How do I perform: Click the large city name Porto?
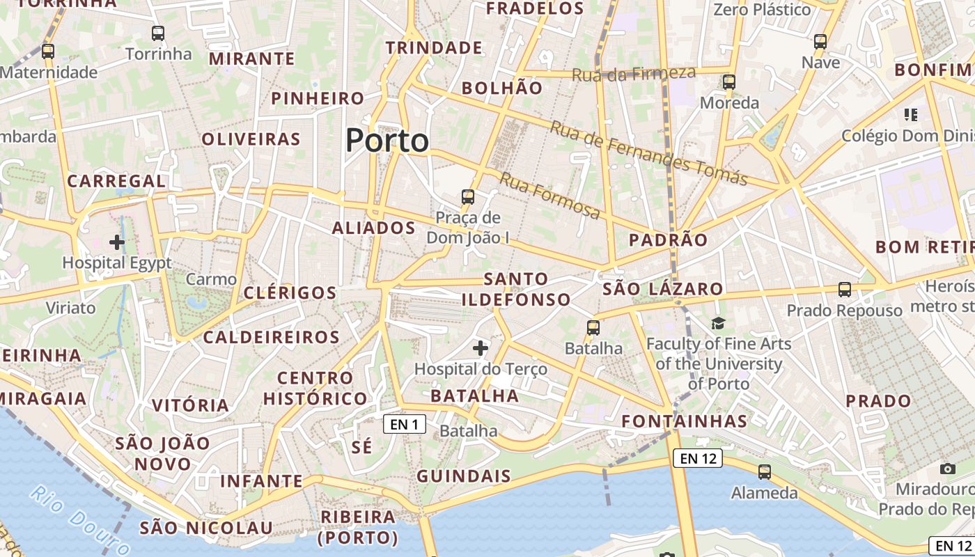click(387, 141)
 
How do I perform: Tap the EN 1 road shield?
click(404, 424)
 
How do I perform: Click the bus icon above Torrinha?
click(158, 33)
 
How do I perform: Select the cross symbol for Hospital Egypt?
click(117, 242)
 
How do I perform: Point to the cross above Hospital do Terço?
click(480, 347)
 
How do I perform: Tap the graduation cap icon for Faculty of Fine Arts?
click(718, 323)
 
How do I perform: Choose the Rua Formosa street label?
click(550, 196)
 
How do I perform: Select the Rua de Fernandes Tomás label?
click(648, 152)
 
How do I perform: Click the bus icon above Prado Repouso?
click(845, 289)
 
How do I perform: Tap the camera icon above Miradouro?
click(947, 469)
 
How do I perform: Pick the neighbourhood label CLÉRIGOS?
click(290, 292)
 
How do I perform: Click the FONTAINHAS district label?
click(684, 421)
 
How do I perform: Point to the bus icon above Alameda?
click(765, 471)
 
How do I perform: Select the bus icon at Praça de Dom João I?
click(468, 197)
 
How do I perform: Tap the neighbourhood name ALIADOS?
click(373, 228)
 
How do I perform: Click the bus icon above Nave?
click(820, 41)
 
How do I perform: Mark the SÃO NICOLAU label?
click(206, 528)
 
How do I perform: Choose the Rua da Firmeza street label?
click(634, 73)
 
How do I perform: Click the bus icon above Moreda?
click(729, 81)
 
